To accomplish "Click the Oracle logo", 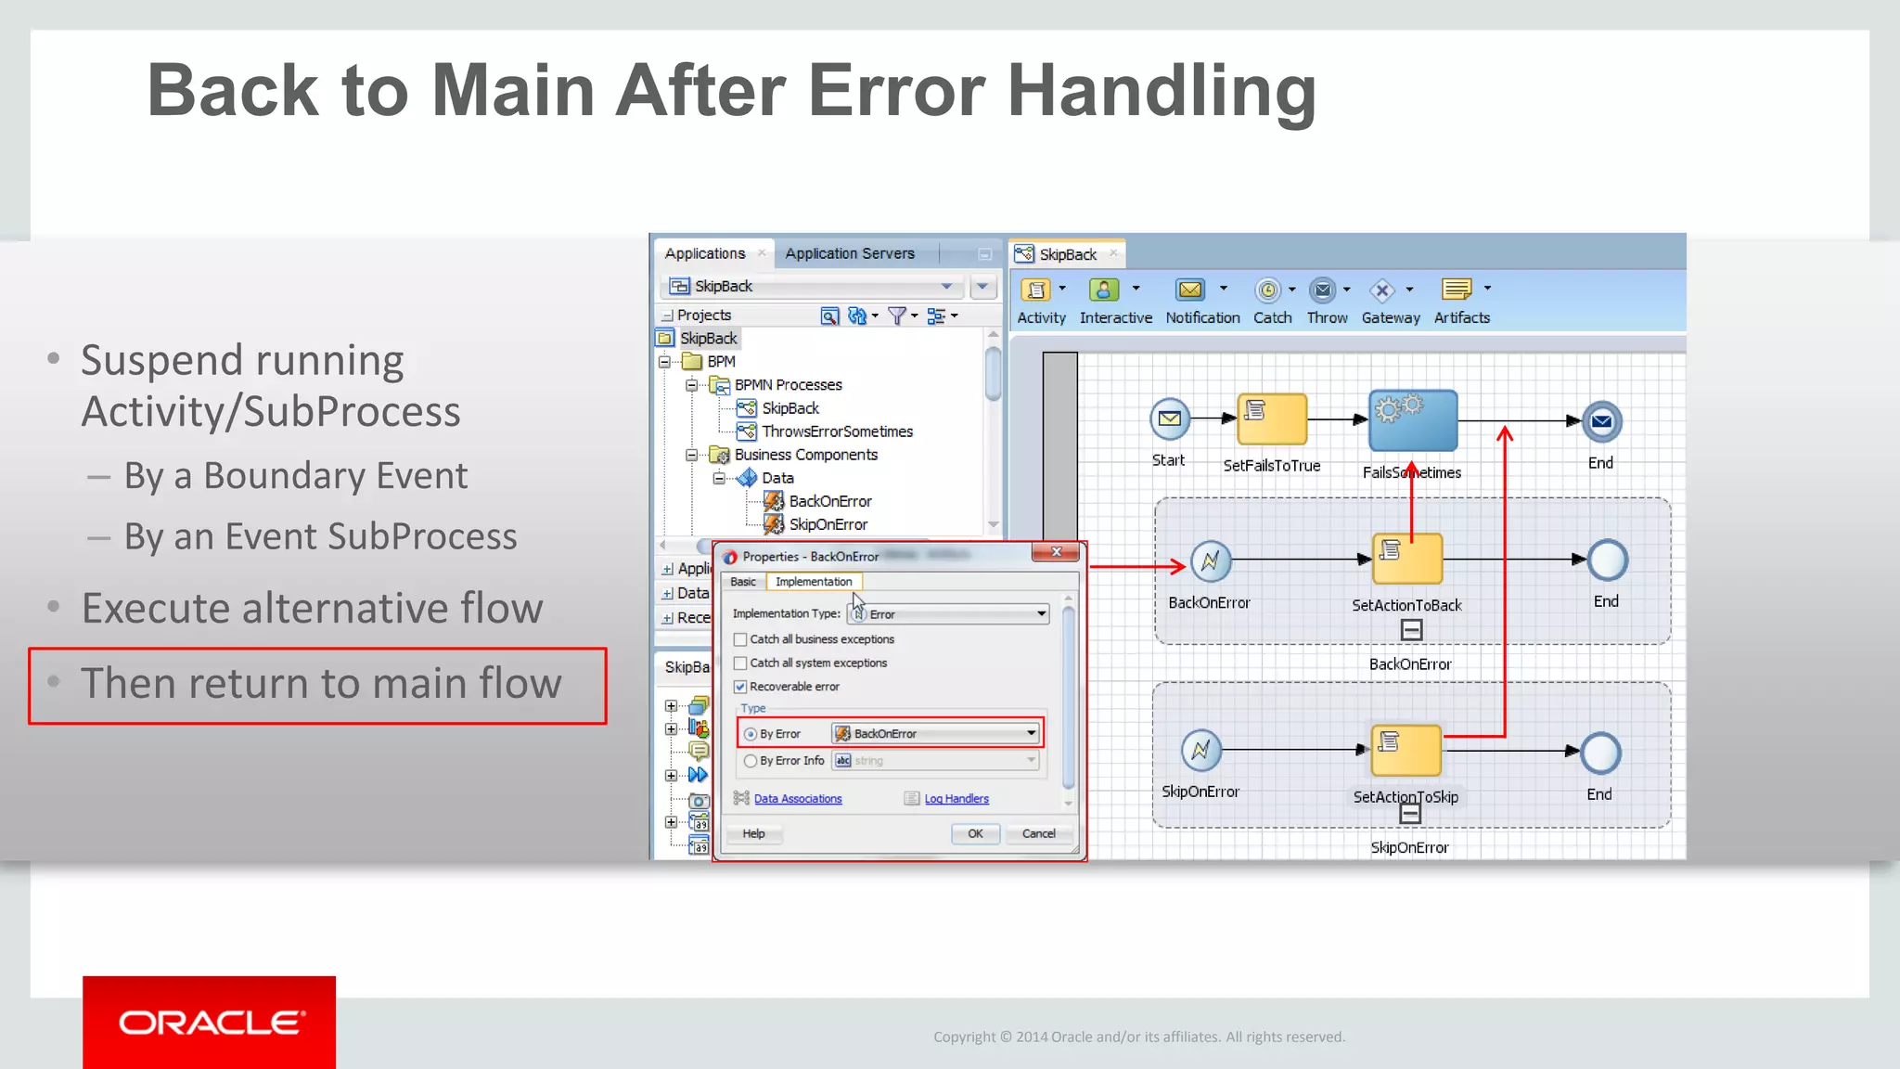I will (210, 1022).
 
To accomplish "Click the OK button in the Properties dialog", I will (975, 833).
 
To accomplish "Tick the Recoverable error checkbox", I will (740, 687).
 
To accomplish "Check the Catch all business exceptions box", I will (740, 639).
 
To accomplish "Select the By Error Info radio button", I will (751, 761).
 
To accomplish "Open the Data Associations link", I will (797, 799).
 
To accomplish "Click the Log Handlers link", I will (956, 799).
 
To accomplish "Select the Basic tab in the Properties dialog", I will (742, 582).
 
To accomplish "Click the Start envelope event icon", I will (1169, 419).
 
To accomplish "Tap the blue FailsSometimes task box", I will (1412, 420).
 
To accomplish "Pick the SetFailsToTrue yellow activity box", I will (1271, 419).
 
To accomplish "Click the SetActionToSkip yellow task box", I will (1406, 750).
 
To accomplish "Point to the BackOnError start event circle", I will (1210, 560).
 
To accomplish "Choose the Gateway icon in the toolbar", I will (1382, 290).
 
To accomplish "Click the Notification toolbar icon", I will (1190, 290).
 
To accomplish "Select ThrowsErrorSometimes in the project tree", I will (837, 431).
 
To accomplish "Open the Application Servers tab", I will (849, 253).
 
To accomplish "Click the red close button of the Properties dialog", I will (1056, 552).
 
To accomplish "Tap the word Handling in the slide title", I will (1162, 91).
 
